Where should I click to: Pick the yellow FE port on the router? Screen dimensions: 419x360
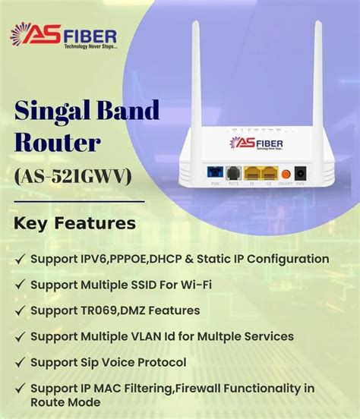(251, 173)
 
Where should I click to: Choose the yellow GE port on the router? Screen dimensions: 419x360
(269, 173)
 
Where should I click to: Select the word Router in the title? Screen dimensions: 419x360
(58, 143)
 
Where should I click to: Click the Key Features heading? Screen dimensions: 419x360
(74, 224)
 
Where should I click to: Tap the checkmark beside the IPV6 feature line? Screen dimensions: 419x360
(18, 259)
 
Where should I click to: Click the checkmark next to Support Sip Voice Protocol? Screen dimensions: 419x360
(18, 362)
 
